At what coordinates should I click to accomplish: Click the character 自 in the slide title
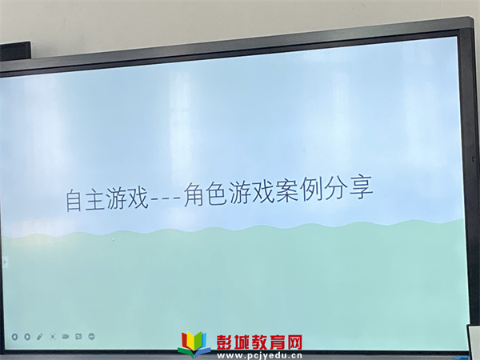74,200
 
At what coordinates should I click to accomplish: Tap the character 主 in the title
94,199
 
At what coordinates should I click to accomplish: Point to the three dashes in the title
166,199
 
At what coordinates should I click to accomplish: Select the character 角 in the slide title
194,195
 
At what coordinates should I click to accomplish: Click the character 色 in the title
216,194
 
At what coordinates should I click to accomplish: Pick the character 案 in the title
287,190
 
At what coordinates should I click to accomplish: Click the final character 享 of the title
362,186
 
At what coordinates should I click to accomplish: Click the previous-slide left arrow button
14,337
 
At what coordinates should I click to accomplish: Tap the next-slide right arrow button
27,337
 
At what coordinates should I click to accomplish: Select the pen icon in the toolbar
40,337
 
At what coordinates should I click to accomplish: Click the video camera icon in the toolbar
66,337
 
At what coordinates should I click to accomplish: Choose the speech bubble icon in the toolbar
78,337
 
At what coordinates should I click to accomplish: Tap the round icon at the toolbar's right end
91,337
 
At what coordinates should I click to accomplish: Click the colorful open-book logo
194,344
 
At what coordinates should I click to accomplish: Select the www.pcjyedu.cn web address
259,356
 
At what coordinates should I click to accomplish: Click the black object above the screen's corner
15,51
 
